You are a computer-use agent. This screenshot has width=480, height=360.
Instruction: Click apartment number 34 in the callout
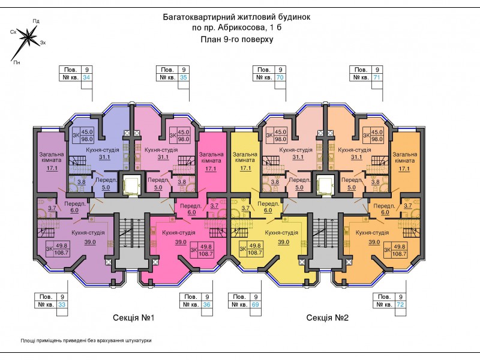[x=86, y=77]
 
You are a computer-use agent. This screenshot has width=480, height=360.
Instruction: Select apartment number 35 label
[x=183, y=77]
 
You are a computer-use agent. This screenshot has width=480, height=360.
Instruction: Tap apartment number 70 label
[x=280, y=77]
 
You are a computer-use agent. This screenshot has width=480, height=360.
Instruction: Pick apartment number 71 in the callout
[x=377, y=77]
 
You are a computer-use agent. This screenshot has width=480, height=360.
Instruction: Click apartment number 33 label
[x=62, y=305]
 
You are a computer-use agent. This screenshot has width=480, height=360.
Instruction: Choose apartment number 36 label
[x=207, y=305]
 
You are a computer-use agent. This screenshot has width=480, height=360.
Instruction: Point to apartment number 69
[x=256, y=305]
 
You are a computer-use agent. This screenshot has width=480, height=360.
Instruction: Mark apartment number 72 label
[x=400, y=305]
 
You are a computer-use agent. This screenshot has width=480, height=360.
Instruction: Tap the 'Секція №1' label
[x=133, y=318]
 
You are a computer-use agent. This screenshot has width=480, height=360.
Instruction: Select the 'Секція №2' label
[x=327, y=318]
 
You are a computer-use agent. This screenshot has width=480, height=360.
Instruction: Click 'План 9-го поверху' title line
[x=236, y=40]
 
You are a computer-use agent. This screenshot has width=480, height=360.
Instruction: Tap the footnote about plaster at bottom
[x=86, y=340]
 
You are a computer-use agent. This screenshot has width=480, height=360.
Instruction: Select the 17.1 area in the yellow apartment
[x=245, y=169]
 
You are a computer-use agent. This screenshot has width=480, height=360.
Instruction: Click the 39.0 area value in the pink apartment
[x=181, y=242]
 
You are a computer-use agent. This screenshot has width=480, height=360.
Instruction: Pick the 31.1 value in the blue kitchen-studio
[x=104, y=157]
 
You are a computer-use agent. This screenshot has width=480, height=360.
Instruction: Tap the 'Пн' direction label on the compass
[x=17, y=62]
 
